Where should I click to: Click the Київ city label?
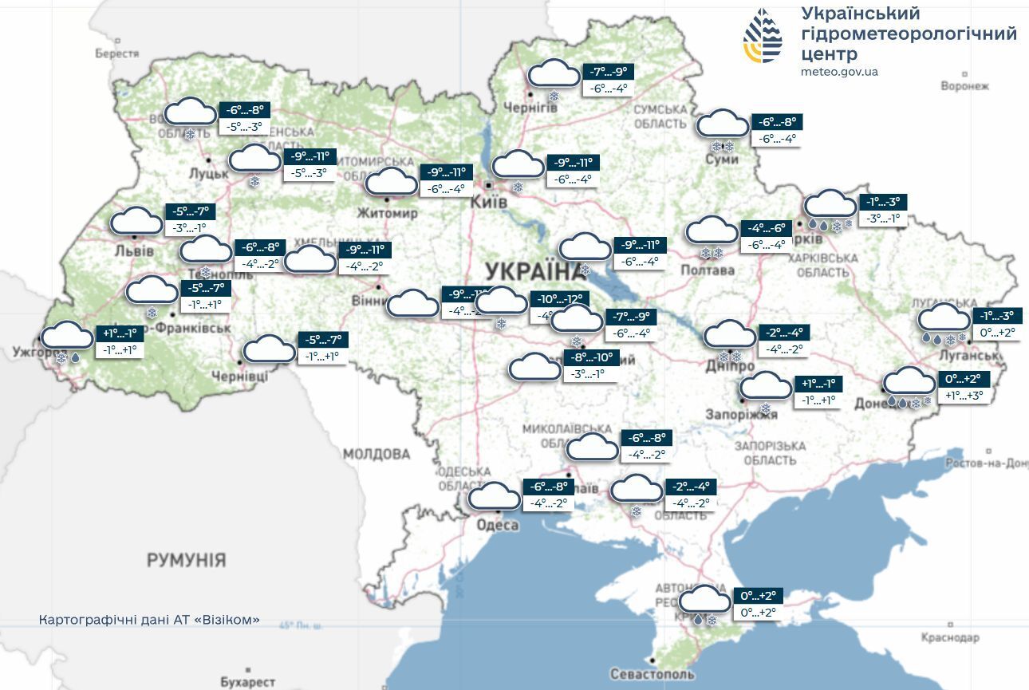(489, 203)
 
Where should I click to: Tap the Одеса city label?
(497, 525)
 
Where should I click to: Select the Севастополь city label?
(652, 674)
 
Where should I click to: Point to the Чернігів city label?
(530, 108)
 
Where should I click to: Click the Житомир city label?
(387, 214)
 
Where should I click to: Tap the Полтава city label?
(707, 270)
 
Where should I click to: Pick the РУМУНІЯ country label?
(186, 560)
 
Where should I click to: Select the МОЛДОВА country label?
(377, 454)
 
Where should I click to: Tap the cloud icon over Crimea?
(704, 599)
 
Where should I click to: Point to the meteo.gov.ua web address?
(839, 72)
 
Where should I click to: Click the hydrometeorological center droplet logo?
(763, 36)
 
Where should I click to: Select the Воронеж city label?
(964, 86)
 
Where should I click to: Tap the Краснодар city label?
(949, 637)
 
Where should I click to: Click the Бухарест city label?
(247, 682)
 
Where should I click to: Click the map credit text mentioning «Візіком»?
(149, 620)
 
